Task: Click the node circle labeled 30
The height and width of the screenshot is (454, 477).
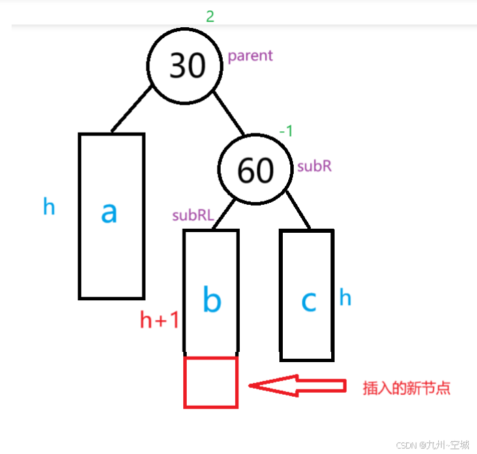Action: (185, 66)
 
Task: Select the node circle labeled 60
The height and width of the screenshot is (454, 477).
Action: (256, 169)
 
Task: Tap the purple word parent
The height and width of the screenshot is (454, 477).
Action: (250, 56)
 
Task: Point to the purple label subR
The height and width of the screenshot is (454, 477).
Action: (314, 166)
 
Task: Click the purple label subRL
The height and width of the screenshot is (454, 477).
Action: (193, 216)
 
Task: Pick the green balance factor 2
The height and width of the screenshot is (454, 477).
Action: (210, 16)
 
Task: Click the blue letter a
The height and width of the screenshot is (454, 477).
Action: (109, 212)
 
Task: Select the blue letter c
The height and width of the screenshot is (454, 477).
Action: (309, 300)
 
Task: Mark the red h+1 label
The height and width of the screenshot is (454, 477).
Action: (159, 319)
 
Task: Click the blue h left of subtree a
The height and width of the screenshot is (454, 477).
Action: (49, 206)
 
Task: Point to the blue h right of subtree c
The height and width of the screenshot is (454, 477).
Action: (345, 297)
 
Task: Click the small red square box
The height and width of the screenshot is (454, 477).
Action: (211, 383)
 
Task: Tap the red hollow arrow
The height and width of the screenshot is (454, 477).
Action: (296, 385)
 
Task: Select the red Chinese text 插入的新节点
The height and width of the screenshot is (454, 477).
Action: (406, 388)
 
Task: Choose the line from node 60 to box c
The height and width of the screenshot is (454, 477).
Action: (297, 210)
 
